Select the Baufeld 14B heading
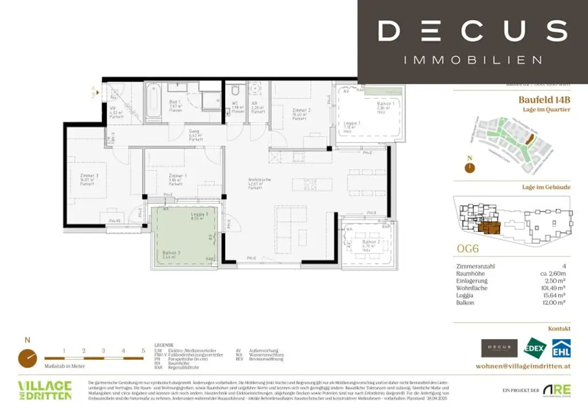[544, 99]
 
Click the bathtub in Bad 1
[154, 102]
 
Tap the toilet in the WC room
[234, 92]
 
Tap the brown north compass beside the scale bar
[26, 357]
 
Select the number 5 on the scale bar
[142, 350]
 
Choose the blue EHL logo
[560, 348]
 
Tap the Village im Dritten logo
[45, 390]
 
